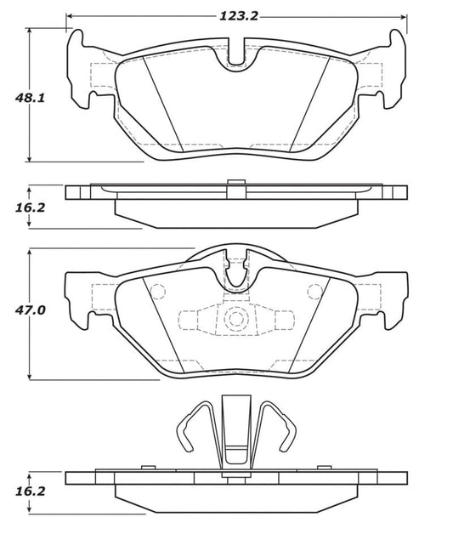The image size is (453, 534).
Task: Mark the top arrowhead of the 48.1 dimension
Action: [x=30, y=31]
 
